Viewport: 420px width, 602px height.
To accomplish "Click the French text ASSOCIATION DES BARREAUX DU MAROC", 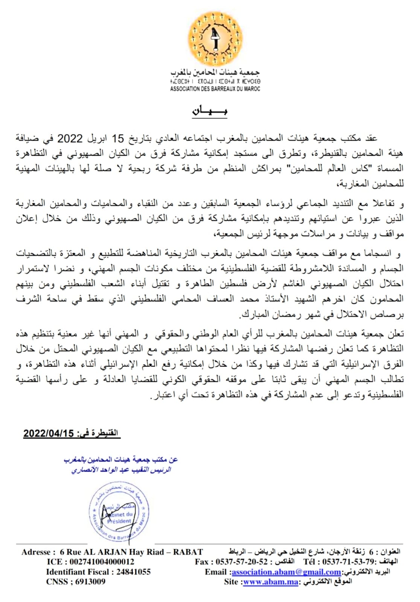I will coord(215,89).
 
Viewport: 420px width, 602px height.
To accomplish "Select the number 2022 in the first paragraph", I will coord(70,138).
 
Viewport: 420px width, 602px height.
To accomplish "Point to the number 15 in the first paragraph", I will coord(117,138).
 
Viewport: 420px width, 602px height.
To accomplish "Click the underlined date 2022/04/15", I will coord(49,433).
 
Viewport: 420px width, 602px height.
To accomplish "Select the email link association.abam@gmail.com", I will coord(286,572).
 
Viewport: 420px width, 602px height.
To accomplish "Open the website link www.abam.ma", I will coord(271,582).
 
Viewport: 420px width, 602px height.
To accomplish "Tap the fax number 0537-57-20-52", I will coord(242,562).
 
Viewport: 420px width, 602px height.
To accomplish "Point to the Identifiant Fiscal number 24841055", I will coord(133,572).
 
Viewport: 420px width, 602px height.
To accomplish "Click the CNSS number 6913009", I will coord(90,582).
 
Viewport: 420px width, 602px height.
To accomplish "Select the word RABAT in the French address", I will coord(188,552).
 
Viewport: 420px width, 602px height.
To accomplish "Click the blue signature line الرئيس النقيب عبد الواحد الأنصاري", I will coord(121,470).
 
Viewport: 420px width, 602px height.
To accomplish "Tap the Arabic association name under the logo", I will coord(215,72).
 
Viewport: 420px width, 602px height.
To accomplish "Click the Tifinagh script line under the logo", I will coord(215,81).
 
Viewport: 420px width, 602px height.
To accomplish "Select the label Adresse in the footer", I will coord(36,552).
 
